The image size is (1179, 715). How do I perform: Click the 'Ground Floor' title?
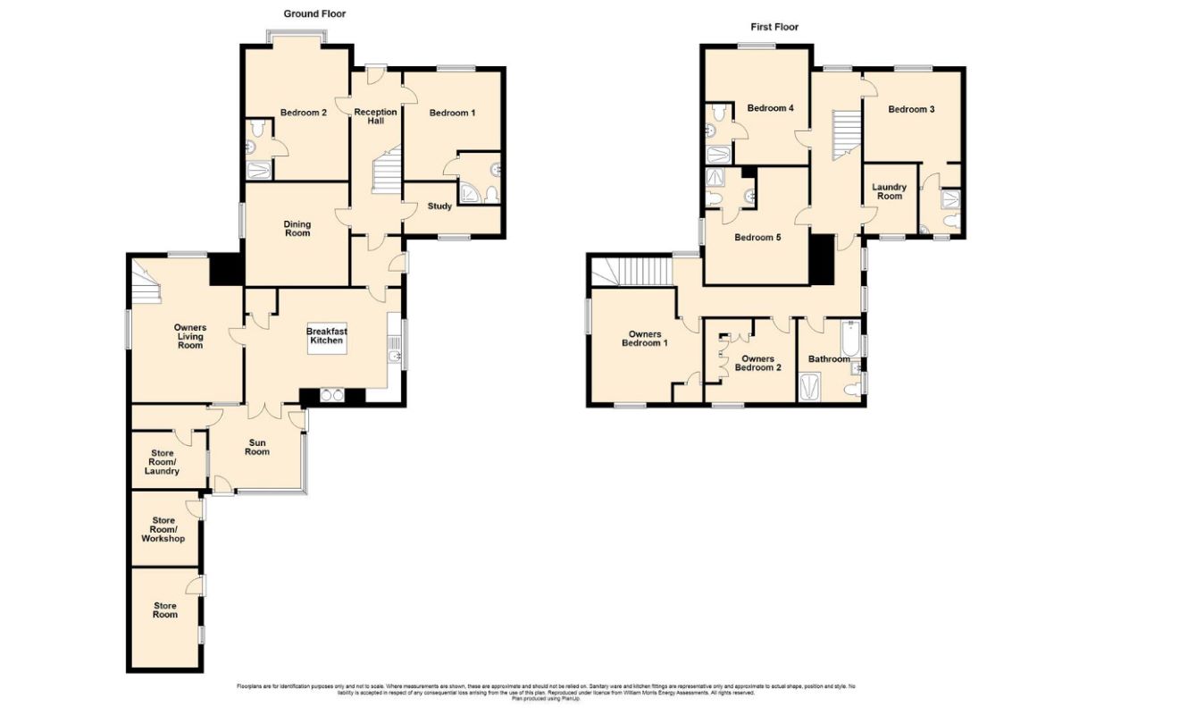[314, 13]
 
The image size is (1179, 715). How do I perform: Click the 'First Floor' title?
[774, 27]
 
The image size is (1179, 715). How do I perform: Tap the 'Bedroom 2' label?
[303, 113]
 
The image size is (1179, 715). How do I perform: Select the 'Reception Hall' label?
[375, 117]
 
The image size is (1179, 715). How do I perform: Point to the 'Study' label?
[439, 206]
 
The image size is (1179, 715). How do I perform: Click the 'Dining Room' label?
[297, 229]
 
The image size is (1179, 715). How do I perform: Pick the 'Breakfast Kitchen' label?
[326, 335]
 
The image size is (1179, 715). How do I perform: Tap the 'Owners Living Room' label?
[189, 337]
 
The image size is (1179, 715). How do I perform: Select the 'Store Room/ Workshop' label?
[163, 530]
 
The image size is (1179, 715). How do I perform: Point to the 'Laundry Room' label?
[890, 191]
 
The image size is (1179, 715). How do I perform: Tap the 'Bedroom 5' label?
[758, 237]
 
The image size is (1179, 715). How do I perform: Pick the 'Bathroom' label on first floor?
[829, 359]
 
